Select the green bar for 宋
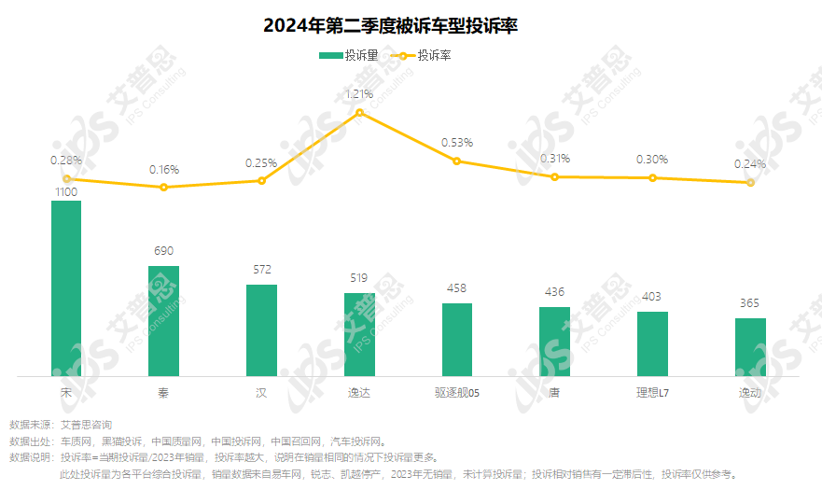66,288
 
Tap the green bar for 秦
163,321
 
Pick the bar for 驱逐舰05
457,340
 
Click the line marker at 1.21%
359,112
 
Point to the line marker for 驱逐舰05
457,161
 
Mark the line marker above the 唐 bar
554,176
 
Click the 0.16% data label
163,170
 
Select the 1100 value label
66,190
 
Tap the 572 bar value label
261,270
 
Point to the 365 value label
749,303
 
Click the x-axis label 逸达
359,393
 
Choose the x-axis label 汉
261,393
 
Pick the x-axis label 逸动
749,393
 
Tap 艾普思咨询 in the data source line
86,425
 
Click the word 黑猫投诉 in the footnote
121,441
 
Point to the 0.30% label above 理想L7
652,160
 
